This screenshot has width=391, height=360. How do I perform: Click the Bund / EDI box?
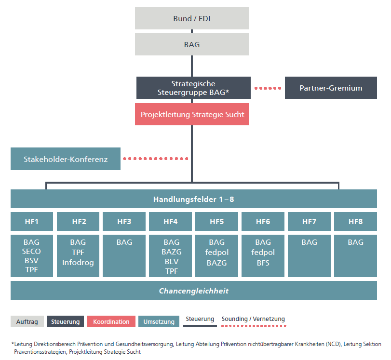pyautogui.click(x=191, y=19)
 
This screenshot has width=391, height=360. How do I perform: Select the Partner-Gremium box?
pyautogui.click(x=331, y=88)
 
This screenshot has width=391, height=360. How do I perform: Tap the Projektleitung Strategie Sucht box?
pyautogui.click(x=192, y=115)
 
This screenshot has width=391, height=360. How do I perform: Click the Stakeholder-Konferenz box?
pyautogui.click(x=66, y=159)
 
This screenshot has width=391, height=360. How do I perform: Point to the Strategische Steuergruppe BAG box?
pyautogui.click(x=193, y=88)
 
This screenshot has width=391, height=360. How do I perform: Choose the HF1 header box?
pyautogui.click(x=31, y=222)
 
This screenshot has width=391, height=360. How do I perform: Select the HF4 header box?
pyautogui.click(x=170, y=222)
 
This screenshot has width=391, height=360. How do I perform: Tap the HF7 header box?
pyautogui.click(x=309, y=222)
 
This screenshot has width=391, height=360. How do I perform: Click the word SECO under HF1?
pyautogui.click(x=31, y=252)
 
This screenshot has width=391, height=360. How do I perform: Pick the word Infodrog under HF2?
pyautogui.click(x=78, y=262)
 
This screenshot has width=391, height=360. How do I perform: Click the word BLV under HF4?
pyautogui.click(x=171, y=261)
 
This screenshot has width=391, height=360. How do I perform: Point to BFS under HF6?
pyautogui.click(x=263, y=263)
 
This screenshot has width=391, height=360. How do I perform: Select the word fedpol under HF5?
pyautogui.click(x=216, y=253)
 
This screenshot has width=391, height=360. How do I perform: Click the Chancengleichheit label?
pyautogui.click(x=194, y=291)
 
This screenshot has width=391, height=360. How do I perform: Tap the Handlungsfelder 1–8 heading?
pyautogui.click(x=194, y=199)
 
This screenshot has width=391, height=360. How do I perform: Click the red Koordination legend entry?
pyautogui.click(x=111, y=321)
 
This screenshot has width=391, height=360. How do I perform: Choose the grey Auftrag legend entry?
pyautogui.click(x=27, y=321)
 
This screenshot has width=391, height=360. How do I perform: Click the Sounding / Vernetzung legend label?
pyautogui.click(x=253, y=319)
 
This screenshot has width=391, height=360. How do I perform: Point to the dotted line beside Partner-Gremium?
pyautogui.click(x=268, y=88)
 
